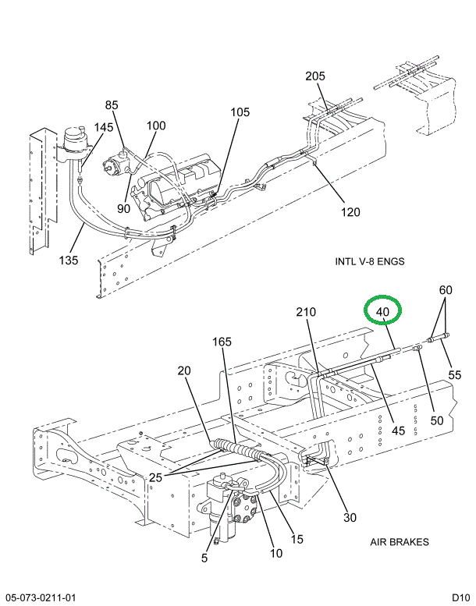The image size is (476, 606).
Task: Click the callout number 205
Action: [315, 76]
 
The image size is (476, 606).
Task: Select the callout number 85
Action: [112, 105]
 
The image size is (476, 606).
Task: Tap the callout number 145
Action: [104, 128]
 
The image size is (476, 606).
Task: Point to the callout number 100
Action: [156, 126]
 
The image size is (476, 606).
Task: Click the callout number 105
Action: [240, 112]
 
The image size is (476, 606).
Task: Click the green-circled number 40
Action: [382, 312]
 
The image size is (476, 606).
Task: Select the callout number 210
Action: [306, 314]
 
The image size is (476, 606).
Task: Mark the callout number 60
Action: [445, 290]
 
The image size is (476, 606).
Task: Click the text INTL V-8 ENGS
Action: [369, 260]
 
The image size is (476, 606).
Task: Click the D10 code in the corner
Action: [460, 597]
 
